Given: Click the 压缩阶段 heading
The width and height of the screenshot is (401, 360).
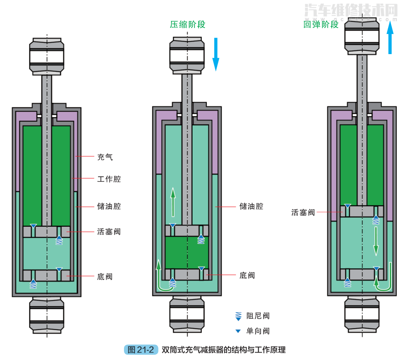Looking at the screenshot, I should click(188, 25).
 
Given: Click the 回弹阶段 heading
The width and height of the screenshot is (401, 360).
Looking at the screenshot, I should click(321, 25).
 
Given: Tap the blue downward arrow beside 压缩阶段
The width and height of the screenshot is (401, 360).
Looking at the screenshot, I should click(216, 54).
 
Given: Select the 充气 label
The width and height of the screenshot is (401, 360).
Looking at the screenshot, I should click(105, 157).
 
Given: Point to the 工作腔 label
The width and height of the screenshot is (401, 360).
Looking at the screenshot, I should click(109, 179).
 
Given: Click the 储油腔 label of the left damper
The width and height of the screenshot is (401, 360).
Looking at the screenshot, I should click(109, 206).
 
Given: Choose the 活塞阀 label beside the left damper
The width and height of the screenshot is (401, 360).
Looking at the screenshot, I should click(109, 232).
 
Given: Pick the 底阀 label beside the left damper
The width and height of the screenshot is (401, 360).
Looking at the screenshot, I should click(105, 277).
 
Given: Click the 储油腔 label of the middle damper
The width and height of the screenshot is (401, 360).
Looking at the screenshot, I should click(251, 206).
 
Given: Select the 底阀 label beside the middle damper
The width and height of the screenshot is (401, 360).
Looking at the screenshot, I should click(247, 275).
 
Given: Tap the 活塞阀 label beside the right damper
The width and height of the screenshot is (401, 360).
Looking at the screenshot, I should click(303, 212).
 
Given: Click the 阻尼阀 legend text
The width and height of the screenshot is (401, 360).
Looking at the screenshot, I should click(258, 316).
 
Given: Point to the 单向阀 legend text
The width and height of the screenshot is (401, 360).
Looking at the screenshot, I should click(258, 331).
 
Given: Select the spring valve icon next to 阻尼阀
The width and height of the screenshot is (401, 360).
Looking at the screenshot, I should click(238, 316).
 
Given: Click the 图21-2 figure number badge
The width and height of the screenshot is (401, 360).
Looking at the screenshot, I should click(141, 350).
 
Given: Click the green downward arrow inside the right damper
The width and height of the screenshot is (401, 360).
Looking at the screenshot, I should click(376, 242).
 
